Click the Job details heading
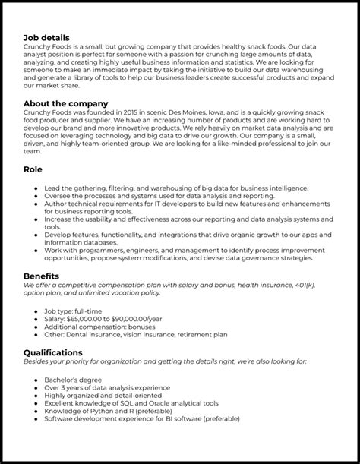pos(46,37)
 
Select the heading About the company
pos(65,103)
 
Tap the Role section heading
pos(33,169)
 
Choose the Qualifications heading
pos(53,352)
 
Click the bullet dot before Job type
pos(37,311)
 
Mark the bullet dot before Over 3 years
pos(37,387)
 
